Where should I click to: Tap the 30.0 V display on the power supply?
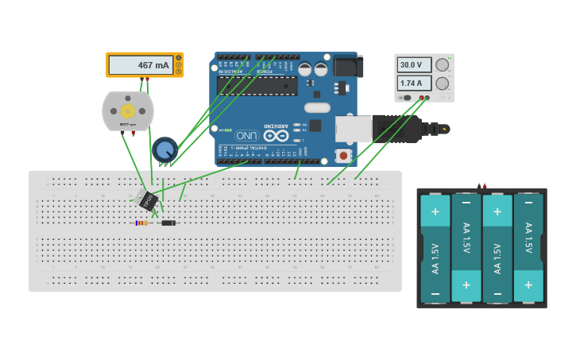coord(413,65)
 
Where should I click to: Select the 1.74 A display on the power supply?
coord(413,83)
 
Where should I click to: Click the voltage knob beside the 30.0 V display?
coord(443,65)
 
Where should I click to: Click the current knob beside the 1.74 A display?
coord(443,83)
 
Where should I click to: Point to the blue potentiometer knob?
coord(164,149)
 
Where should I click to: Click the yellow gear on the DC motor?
coord(128,110)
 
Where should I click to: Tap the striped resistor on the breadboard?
coord(142,223)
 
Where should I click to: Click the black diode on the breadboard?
coord(168,223)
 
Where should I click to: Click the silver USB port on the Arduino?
coord(353,129)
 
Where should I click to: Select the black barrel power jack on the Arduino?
coord(348,66)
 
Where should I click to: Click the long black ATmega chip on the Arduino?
coord(257,86)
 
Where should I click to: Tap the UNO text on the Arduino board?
coord(247,135)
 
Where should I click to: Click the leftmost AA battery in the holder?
coord(435,248)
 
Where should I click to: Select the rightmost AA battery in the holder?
coord(528,248)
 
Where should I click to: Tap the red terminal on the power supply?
coord(427,98)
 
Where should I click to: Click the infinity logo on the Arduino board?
coord(276,135)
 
